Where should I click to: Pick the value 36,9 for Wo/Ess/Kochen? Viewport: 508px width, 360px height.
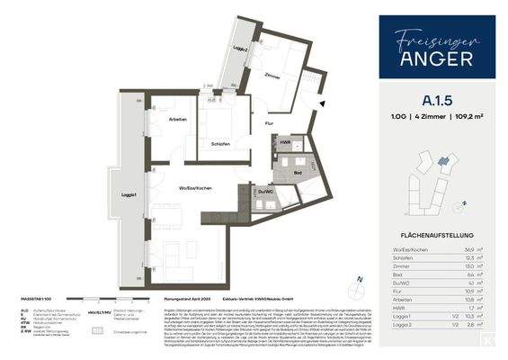468,247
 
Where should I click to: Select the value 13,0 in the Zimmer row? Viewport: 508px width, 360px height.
468,265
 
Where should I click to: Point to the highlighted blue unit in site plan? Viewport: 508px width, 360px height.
441,161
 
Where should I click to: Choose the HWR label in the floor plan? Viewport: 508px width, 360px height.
285,142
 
